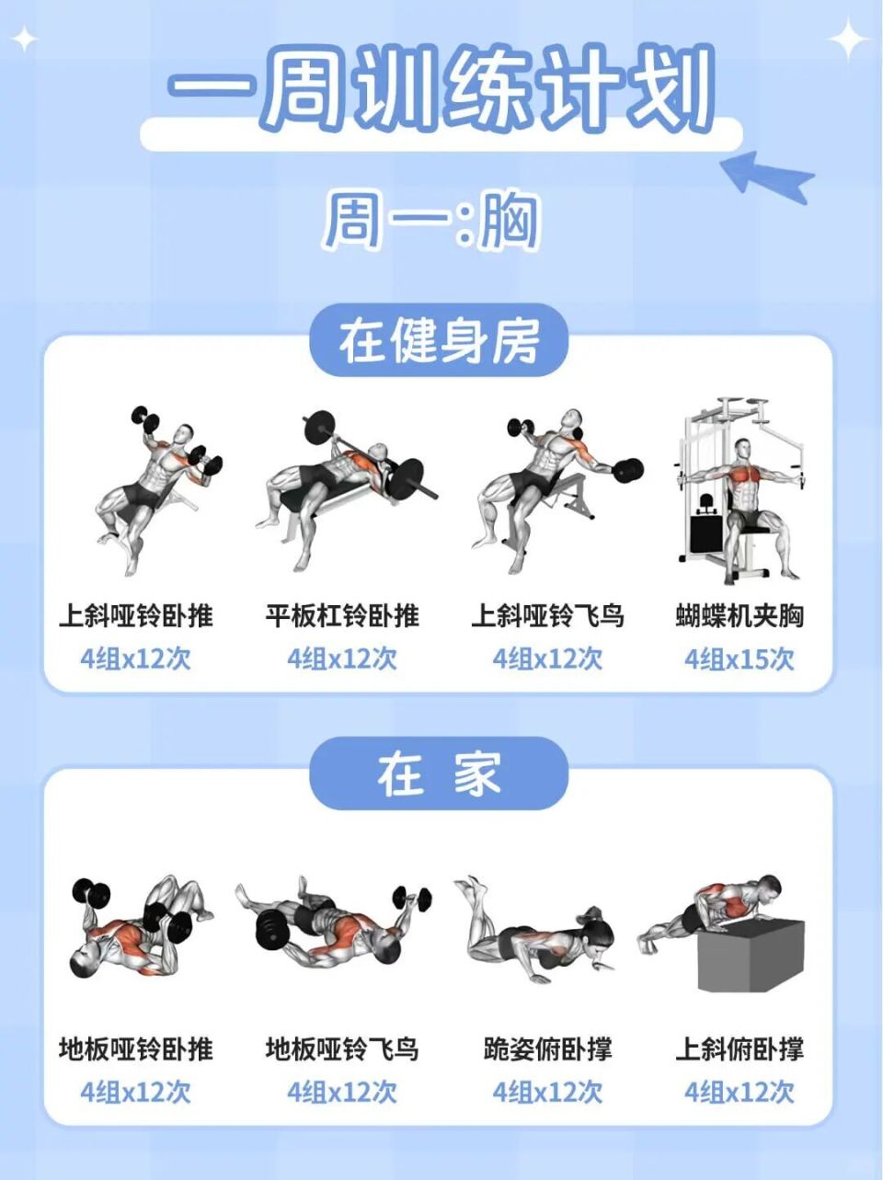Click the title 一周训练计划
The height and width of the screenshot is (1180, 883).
(441, 90)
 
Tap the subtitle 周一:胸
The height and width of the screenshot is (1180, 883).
(430, 221)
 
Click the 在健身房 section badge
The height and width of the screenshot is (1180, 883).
(439, 342)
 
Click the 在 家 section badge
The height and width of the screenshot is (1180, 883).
(439, 774)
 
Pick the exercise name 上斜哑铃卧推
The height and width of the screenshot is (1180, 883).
(136, 615)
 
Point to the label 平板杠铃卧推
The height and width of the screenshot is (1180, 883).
(342, 615)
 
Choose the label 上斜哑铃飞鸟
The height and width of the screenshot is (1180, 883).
(548, 615)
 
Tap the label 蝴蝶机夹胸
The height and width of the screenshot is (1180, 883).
(740, 615)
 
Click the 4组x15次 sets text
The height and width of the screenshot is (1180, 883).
(740, 659)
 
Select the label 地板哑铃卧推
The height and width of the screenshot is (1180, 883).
(136, 1048)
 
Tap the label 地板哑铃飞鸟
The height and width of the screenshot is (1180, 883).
(342, 1048)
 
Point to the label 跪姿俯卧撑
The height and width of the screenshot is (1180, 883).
(548, 1048)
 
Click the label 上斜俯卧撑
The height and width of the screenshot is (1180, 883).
(740, 1048)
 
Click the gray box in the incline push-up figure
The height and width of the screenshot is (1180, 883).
(751, 957)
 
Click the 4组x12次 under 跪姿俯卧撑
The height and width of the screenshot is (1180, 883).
(548, 1092)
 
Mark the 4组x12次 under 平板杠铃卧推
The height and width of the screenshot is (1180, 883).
(342, 659)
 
